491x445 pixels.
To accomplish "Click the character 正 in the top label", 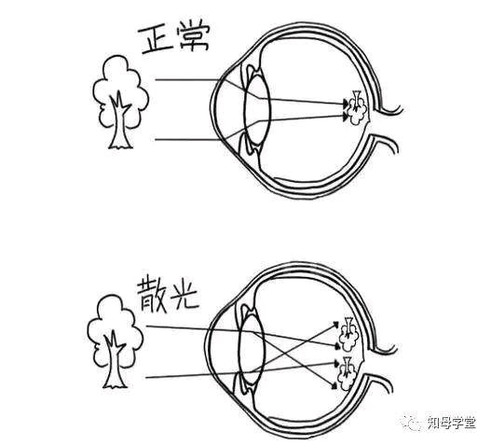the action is [x=156, y=40].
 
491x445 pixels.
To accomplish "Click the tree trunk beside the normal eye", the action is [x=120, y=122].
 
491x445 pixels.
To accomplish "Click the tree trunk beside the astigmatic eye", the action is [x=115, y=361].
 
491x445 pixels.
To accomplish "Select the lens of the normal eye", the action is [x=256, y=110].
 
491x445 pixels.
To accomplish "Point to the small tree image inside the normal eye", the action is [x=357, y=108].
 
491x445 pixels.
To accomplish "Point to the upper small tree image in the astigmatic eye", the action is [x=349, y=334].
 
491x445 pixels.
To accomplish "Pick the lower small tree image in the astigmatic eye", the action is [x=347, y=373].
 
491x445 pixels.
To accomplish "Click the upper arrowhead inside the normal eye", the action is [x=346, y=103].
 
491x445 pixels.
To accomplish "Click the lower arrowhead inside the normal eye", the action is [x=346, y=117].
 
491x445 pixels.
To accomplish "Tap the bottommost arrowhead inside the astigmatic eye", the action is [x=334, y=385].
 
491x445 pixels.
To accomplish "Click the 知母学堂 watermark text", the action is [x=451, y=423].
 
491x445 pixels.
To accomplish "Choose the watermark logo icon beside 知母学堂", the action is [x=413, y=424].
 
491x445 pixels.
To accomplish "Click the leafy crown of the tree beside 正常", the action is [x=120, y=90].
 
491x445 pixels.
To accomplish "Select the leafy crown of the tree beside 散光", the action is [x=115, y=329].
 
